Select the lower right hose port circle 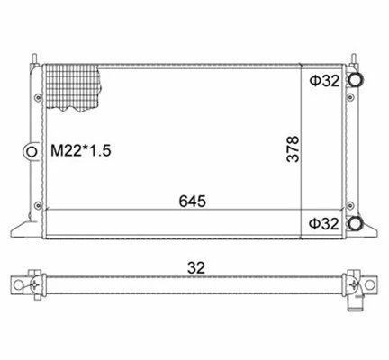click(x=357, y=223)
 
